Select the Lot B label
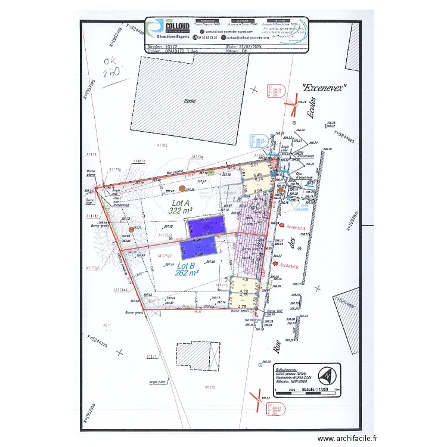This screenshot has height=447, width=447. point(187,266)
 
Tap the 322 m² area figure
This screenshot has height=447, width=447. point(181,211)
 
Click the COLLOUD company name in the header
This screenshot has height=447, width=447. point(178,25)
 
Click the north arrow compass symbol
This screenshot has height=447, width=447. point(327,377)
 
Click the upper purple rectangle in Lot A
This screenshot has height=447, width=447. point(207,225)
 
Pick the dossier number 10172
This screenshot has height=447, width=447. point(172,46)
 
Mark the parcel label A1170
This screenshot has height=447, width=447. point(209,387)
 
